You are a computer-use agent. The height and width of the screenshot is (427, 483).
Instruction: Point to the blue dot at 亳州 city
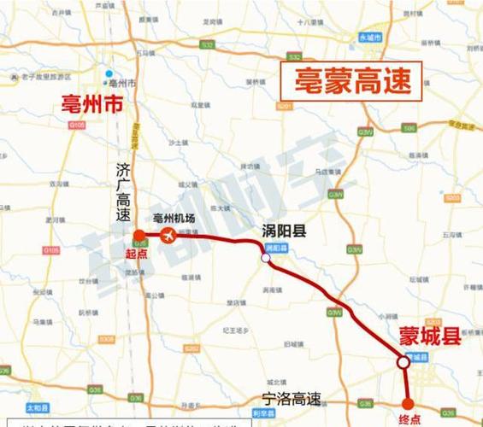pos(108,74)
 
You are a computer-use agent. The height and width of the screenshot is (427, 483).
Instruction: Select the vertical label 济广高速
pos(123,192)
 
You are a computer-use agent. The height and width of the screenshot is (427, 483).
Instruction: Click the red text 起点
pos(137,253)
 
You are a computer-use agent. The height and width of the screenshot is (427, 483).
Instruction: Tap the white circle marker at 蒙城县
pos(403,362)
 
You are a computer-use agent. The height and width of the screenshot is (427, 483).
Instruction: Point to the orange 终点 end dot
pos(408,403)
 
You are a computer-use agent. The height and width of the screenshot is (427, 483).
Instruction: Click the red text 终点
pos(409,419)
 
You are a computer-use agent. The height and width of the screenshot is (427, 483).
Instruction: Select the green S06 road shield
pos(409,127)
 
